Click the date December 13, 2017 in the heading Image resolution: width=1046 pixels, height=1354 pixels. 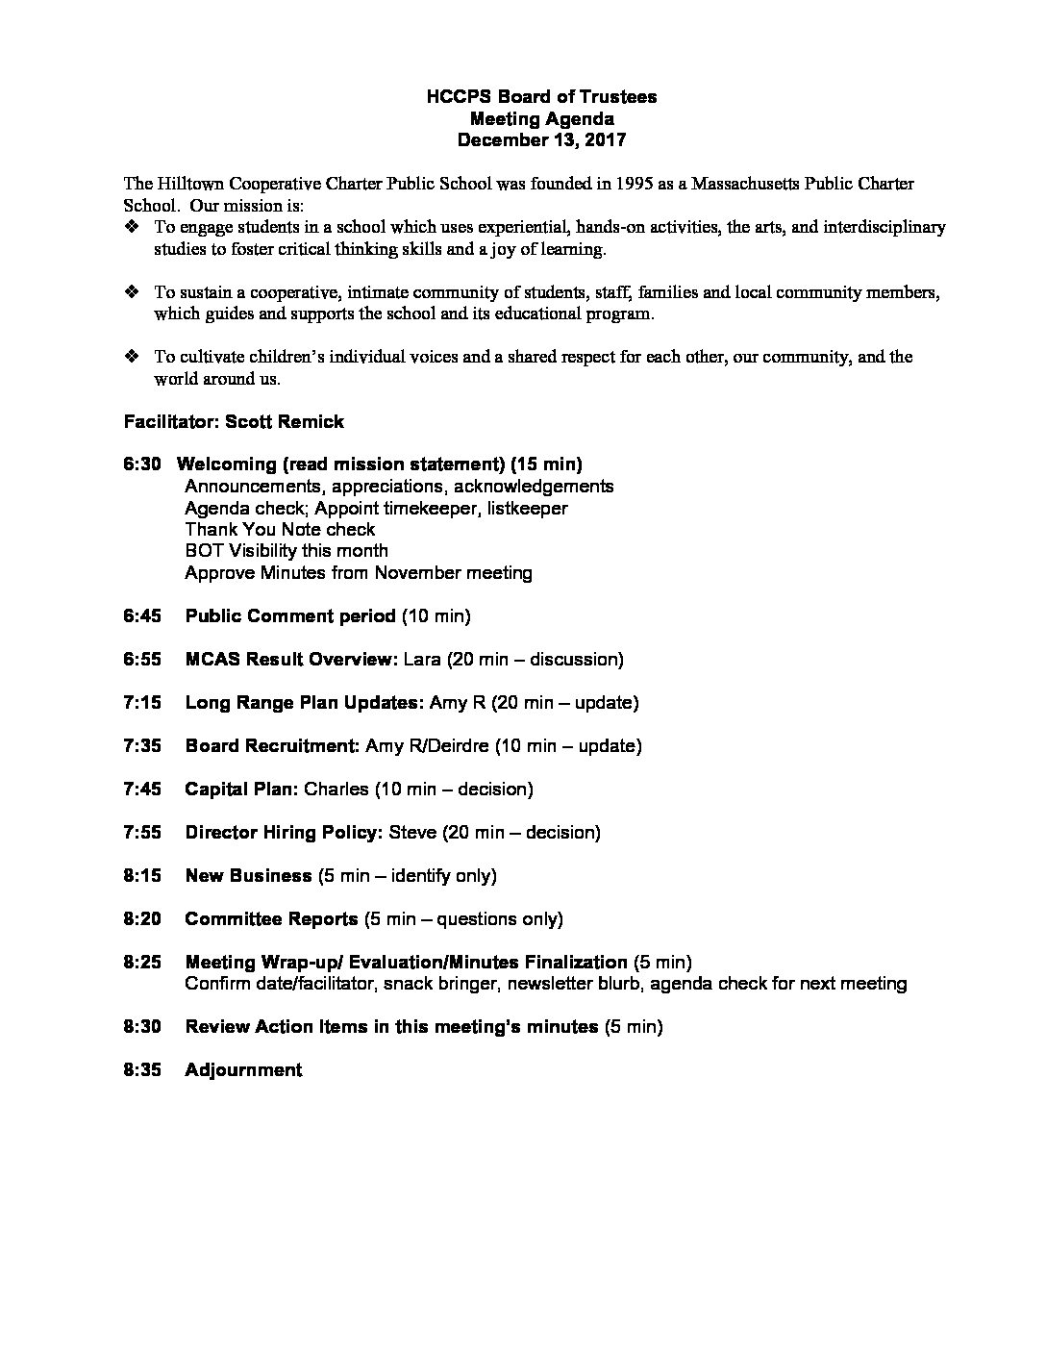pyautogui.click(x=541, y=139)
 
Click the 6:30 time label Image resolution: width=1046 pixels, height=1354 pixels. pyautogui.click(x=142, y=464)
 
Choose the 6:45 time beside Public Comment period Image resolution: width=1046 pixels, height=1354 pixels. pyautogui.click(x=142, y=615)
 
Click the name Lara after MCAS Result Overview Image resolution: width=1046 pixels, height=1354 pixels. pyautogui.click(x=422, y=659)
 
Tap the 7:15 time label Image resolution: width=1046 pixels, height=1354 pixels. pyautogui.click(x=142, y=702)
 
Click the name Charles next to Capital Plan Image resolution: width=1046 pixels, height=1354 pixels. pyautogui.click(x=336, y=789)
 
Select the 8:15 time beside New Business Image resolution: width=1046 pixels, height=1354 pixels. pyautogui.click(x=142, y=875)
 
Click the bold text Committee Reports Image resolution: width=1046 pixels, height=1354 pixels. pyautogui.click(x=271, y=918)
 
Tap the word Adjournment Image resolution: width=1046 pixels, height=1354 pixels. pyautogui.click(x=243, y=1069)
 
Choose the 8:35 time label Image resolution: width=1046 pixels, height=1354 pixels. pyautogui.click(x=142, y=1069)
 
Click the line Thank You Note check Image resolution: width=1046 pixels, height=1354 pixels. pyautogui.click(x=280, y=529)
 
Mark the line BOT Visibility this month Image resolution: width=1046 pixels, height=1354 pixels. pyautogui.click(x=286, y=551)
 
